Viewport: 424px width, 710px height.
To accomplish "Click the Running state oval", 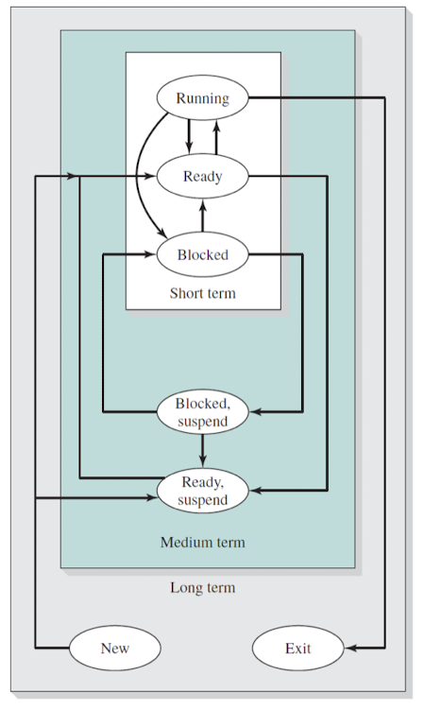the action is (202, 97).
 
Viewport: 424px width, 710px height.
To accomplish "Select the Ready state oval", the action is (202, 176).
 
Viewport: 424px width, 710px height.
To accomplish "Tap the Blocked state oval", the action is (202, 254).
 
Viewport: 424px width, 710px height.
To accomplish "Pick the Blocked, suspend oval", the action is (202, 412).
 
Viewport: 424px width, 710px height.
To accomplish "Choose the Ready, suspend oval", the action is (202, 491).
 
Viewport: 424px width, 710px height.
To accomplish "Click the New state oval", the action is (115, 648).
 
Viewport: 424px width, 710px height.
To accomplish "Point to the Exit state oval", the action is (298, 648).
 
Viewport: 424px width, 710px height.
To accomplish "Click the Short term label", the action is (203, 293).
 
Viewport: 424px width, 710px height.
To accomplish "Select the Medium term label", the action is (203, 542).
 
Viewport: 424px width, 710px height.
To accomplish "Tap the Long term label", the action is (203, 587).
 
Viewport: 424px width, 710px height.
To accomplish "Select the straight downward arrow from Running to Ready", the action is (189, 137).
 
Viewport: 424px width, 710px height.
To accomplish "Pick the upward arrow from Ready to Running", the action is (216, 137).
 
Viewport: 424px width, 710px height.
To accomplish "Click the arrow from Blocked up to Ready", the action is (202, 216).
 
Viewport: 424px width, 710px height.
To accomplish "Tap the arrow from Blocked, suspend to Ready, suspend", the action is (202, 451).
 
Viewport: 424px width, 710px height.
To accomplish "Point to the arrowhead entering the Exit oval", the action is (350, 648).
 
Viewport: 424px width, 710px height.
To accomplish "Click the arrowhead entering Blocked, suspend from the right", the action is (255, 412).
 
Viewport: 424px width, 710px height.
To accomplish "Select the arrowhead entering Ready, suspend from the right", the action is (255, 490).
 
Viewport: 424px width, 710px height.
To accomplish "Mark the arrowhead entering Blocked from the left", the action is (150, 254).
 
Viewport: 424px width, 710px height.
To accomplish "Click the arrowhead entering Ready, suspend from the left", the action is (151, 498).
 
